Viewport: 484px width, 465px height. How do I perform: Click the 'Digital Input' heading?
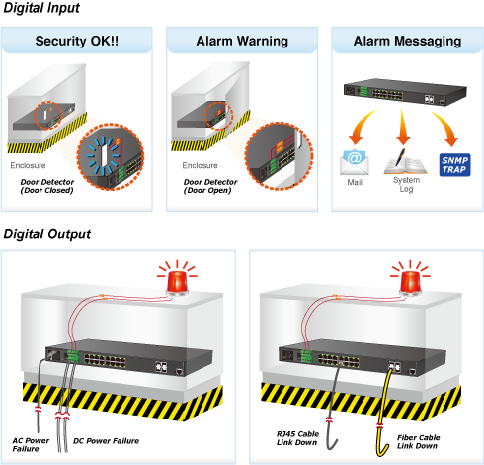tap(41, 8)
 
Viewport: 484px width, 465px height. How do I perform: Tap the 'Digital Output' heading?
tap(46, 234)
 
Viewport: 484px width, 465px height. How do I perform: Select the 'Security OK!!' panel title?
tap(77, 41)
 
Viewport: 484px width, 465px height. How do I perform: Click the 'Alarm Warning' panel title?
tap(242, 41)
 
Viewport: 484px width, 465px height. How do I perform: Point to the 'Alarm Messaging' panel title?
tap(407, 42)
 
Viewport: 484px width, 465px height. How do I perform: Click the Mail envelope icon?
tap(355, 162)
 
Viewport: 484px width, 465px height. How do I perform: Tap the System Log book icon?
tap(405, 162)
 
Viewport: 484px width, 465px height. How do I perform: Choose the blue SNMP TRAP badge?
tap(454, 165)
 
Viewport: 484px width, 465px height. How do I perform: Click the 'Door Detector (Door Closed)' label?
tap(47, 186)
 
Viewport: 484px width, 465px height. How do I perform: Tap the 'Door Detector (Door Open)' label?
tap(210, 186)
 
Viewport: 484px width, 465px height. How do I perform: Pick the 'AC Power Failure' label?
tap(31, 445)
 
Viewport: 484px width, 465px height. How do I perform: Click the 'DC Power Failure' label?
tap(106, 441)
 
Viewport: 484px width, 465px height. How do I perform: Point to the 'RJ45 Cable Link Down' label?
tap(297, 438)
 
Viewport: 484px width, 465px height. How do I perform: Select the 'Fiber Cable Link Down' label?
tap(418, 442)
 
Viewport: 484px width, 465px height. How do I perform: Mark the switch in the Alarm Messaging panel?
tap(405, 92)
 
